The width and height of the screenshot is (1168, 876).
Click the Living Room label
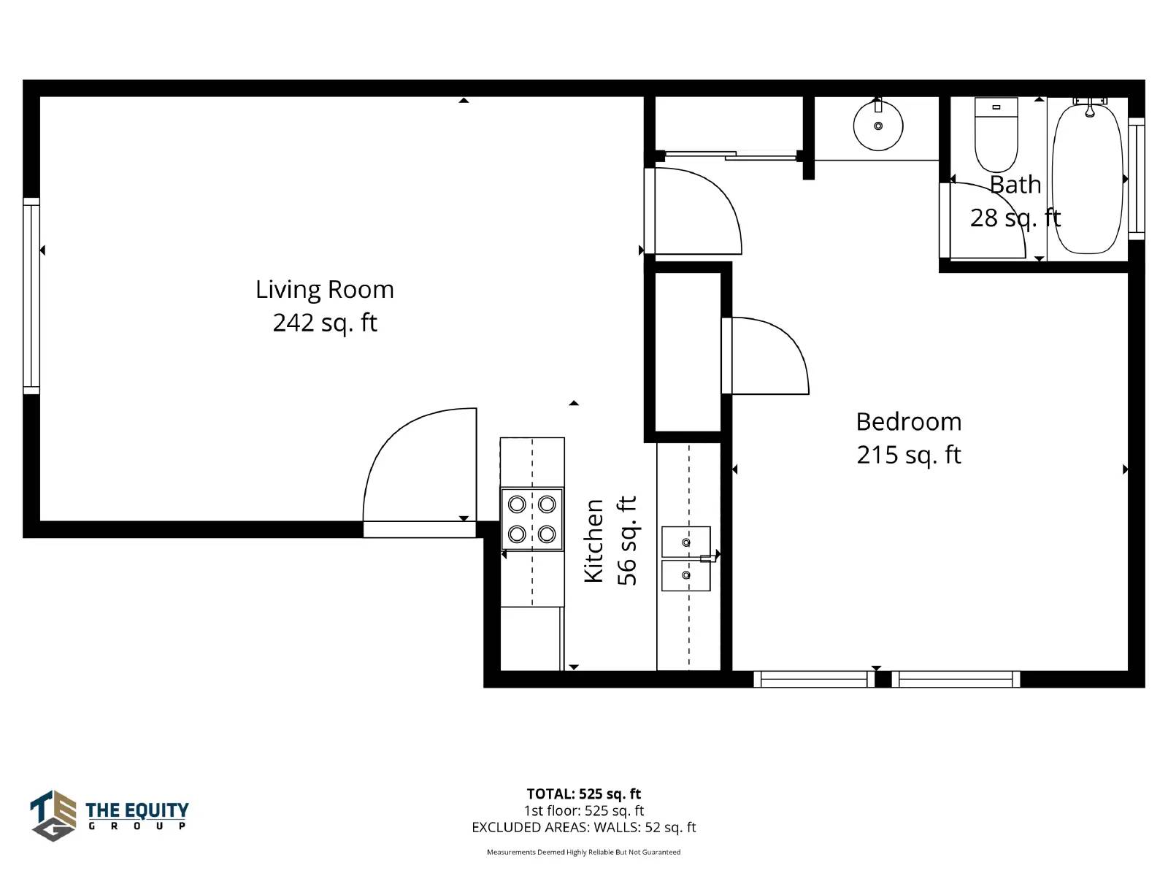click(325, 290)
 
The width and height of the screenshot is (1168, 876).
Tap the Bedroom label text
click(908, 422)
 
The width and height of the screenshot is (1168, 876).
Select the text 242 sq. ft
click(325, 323)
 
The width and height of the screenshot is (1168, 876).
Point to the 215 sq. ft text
click(908, 456)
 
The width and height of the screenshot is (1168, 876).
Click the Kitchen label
click(593, 541)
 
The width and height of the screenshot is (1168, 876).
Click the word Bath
click(1015, 185)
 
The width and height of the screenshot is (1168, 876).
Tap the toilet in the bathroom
click(996, 134)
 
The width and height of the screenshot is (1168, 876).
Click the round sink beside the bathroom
click(878, 126)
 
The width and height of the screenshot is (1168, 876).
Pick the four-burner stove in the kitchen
click(531, 518)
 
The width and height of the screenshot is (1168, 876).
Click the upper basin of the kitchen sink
click(685, 542)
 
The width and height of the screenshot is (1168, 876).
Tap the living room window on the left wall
click(31, 296)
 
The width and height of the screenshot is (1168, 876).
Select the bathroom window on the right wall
click(1136, 179)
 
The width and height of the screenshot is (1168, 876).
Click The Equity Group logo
click(109, 815)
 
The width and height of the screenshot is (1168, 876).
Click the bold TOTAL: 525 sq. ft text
click(584, 794)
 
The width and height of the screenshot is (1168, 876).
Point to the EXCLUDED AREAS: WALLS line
click(584, 827)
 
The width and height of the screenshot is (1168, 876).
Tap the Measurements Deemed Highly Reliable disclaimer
click(584, 852)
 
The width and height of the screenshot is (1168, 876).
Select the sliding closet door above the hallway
click(731, 155)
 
